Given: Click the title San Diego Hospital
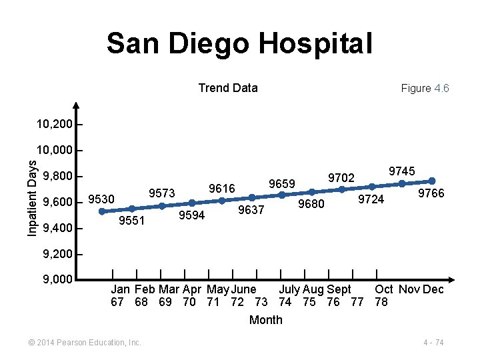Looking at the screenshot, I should point(239,44).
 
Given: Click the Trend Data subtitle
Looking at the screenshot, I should point(228,88).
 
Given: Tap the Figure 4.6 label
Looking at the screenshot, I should point(425,89).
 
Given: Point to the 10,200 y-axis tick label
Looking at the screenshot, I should point(55,124).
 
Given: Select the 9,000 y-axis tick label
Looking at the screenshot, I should point(57,279).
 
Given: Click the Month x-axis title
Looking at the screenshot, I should point(265,320).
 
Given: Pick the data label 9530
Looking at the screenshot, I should point(101,199).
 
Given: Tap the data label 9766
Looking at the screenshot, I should point(431,193).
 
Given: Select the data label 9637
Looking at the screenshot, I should point(251,210).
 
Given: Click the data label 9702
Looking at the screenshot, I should point(341,177).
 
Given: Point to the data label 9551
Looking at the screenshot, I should point(131,221).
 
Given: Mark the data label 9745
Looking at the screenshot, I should point(402,171).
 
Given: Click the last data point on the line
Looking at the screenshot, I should point(432,181).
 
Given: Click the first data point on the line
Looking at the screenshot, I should point(102,211).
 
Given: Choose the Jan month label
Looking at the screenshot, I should point(120,289).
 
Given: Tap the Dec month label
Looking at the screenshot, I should point(433,289).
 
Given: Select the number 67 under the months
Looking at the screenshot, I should point(117,302).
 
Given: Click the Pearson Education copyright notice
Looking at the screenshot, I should point(84,342).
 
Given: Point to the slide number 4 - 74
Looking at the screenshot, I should point(433,342).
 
